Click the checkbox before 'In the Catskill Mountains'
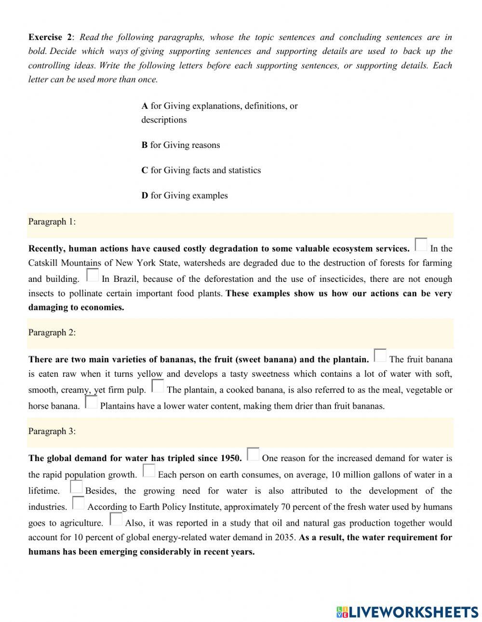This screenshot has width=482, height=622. point(421,245)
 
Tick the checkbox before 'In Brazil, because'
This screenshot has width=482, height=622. point(92,275)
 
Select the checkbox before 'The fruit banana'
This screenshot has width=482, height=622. point(380,356)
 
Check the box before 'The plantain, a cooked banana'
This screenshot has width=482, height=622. point(158,386)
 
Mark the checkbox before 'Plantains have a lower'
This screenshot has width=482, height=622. point(91,402)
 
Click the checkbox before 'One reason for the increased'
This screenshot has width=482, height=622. point(253,454)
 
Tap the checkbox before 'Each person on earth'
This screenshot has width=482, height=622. point(149,471)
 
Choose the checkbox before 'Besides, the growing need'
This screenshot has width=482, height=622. point(76,487)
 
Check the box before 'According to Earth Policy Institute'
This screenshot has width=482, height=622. point(78,503)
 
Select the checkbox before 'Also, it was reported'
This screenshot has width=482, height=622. point(116,519)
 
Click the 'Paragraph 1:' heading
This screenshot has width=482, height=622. point(52,222)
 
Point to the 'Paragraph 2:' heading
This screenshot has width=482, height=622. point(52,332)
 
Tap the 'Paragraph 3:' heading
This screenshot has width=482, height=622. point(52,431)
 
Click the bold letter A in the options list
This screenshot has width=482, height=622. point(145,106)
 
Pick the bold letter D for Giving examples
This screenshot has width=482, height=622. point(145,196)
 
